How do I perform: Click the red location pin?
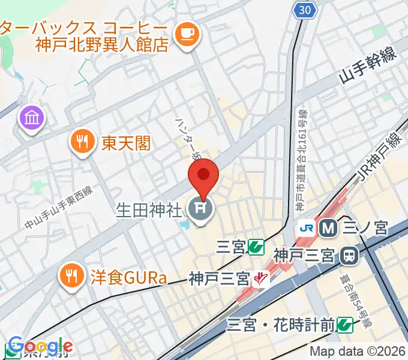(x=203, y=175)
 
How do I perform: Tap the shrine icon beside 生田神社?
(x=200, y=210)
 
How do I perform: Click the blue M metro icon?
(x=328, y=227)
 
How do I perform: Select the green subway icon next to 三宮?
(x=257, y=245)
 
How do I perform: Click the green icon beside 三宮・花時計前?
(x=344, y=325)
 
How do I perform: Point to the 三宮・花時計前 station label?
(x=280, y=325)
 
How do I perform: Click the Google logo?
(x=40, y=346)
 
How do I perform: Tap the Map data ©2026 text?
(x=358, y=351)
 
